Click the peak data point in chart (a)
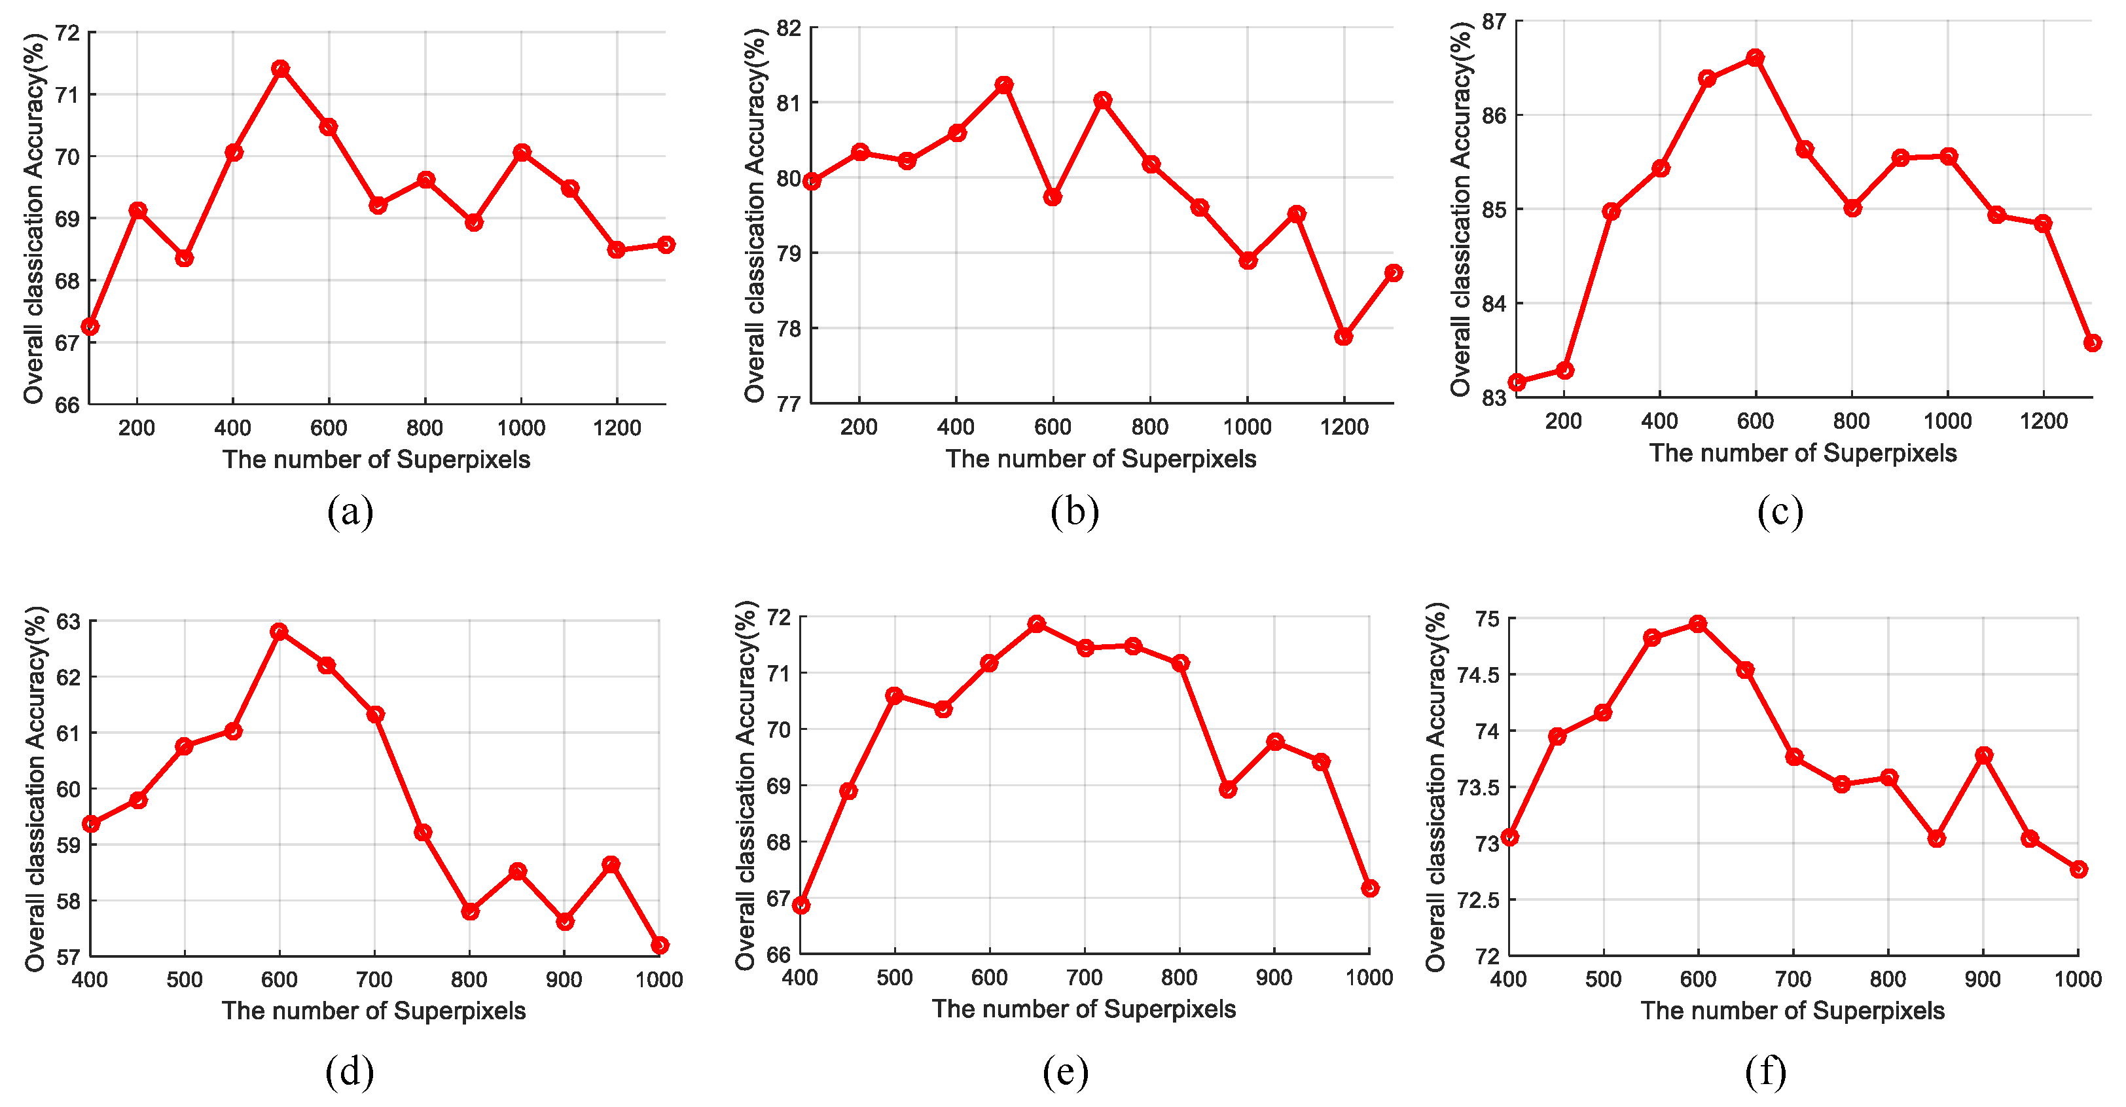(x=281, y=69)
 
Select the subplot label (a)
(x=350, y=512)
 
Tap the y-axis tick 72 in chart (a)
(x=67, y=33)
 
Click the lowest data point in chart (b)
(x=1344, y=336)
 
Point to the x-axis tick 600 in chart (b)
(x=1053, y=427)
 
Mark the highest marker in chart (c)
(x=1756, y=58)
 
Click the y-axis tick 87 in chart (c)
(x=1494, y=22)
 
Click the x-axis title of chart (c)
(x=1803, y=453)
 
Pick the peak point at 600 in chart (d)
(x=279, y=632)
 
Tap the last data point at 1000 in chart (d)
(x=659, y=945)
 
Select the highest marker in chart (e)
(x=1037, y=624)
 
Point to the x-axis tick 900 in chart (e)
(x=1274, y=977)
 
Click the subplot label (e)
(x=1066, y=1072)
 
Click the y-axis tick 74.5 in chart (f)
(x=1477, y=675)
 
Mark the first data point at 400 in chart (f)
(x=1509, y=837)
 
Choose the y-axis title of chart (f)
(x=1436, y=787)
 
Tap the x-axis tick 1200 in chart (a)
(x=617, y=427)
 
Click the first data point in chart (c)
(x=1517, y=382)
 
